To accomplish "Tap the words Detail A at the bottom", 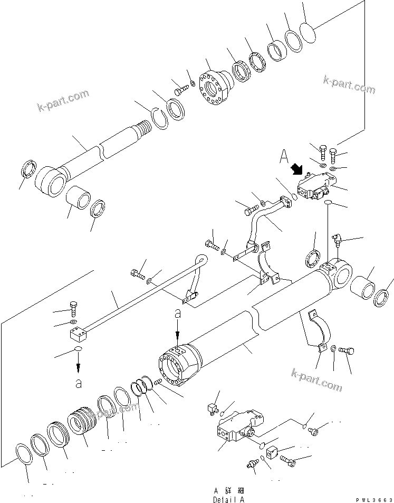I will (229, 499).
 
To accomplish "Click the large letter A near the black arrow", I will (285, 157).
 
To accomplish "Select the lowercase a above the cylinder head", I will (177, 314).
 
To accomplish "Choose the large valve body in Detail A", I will (237, 428).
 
